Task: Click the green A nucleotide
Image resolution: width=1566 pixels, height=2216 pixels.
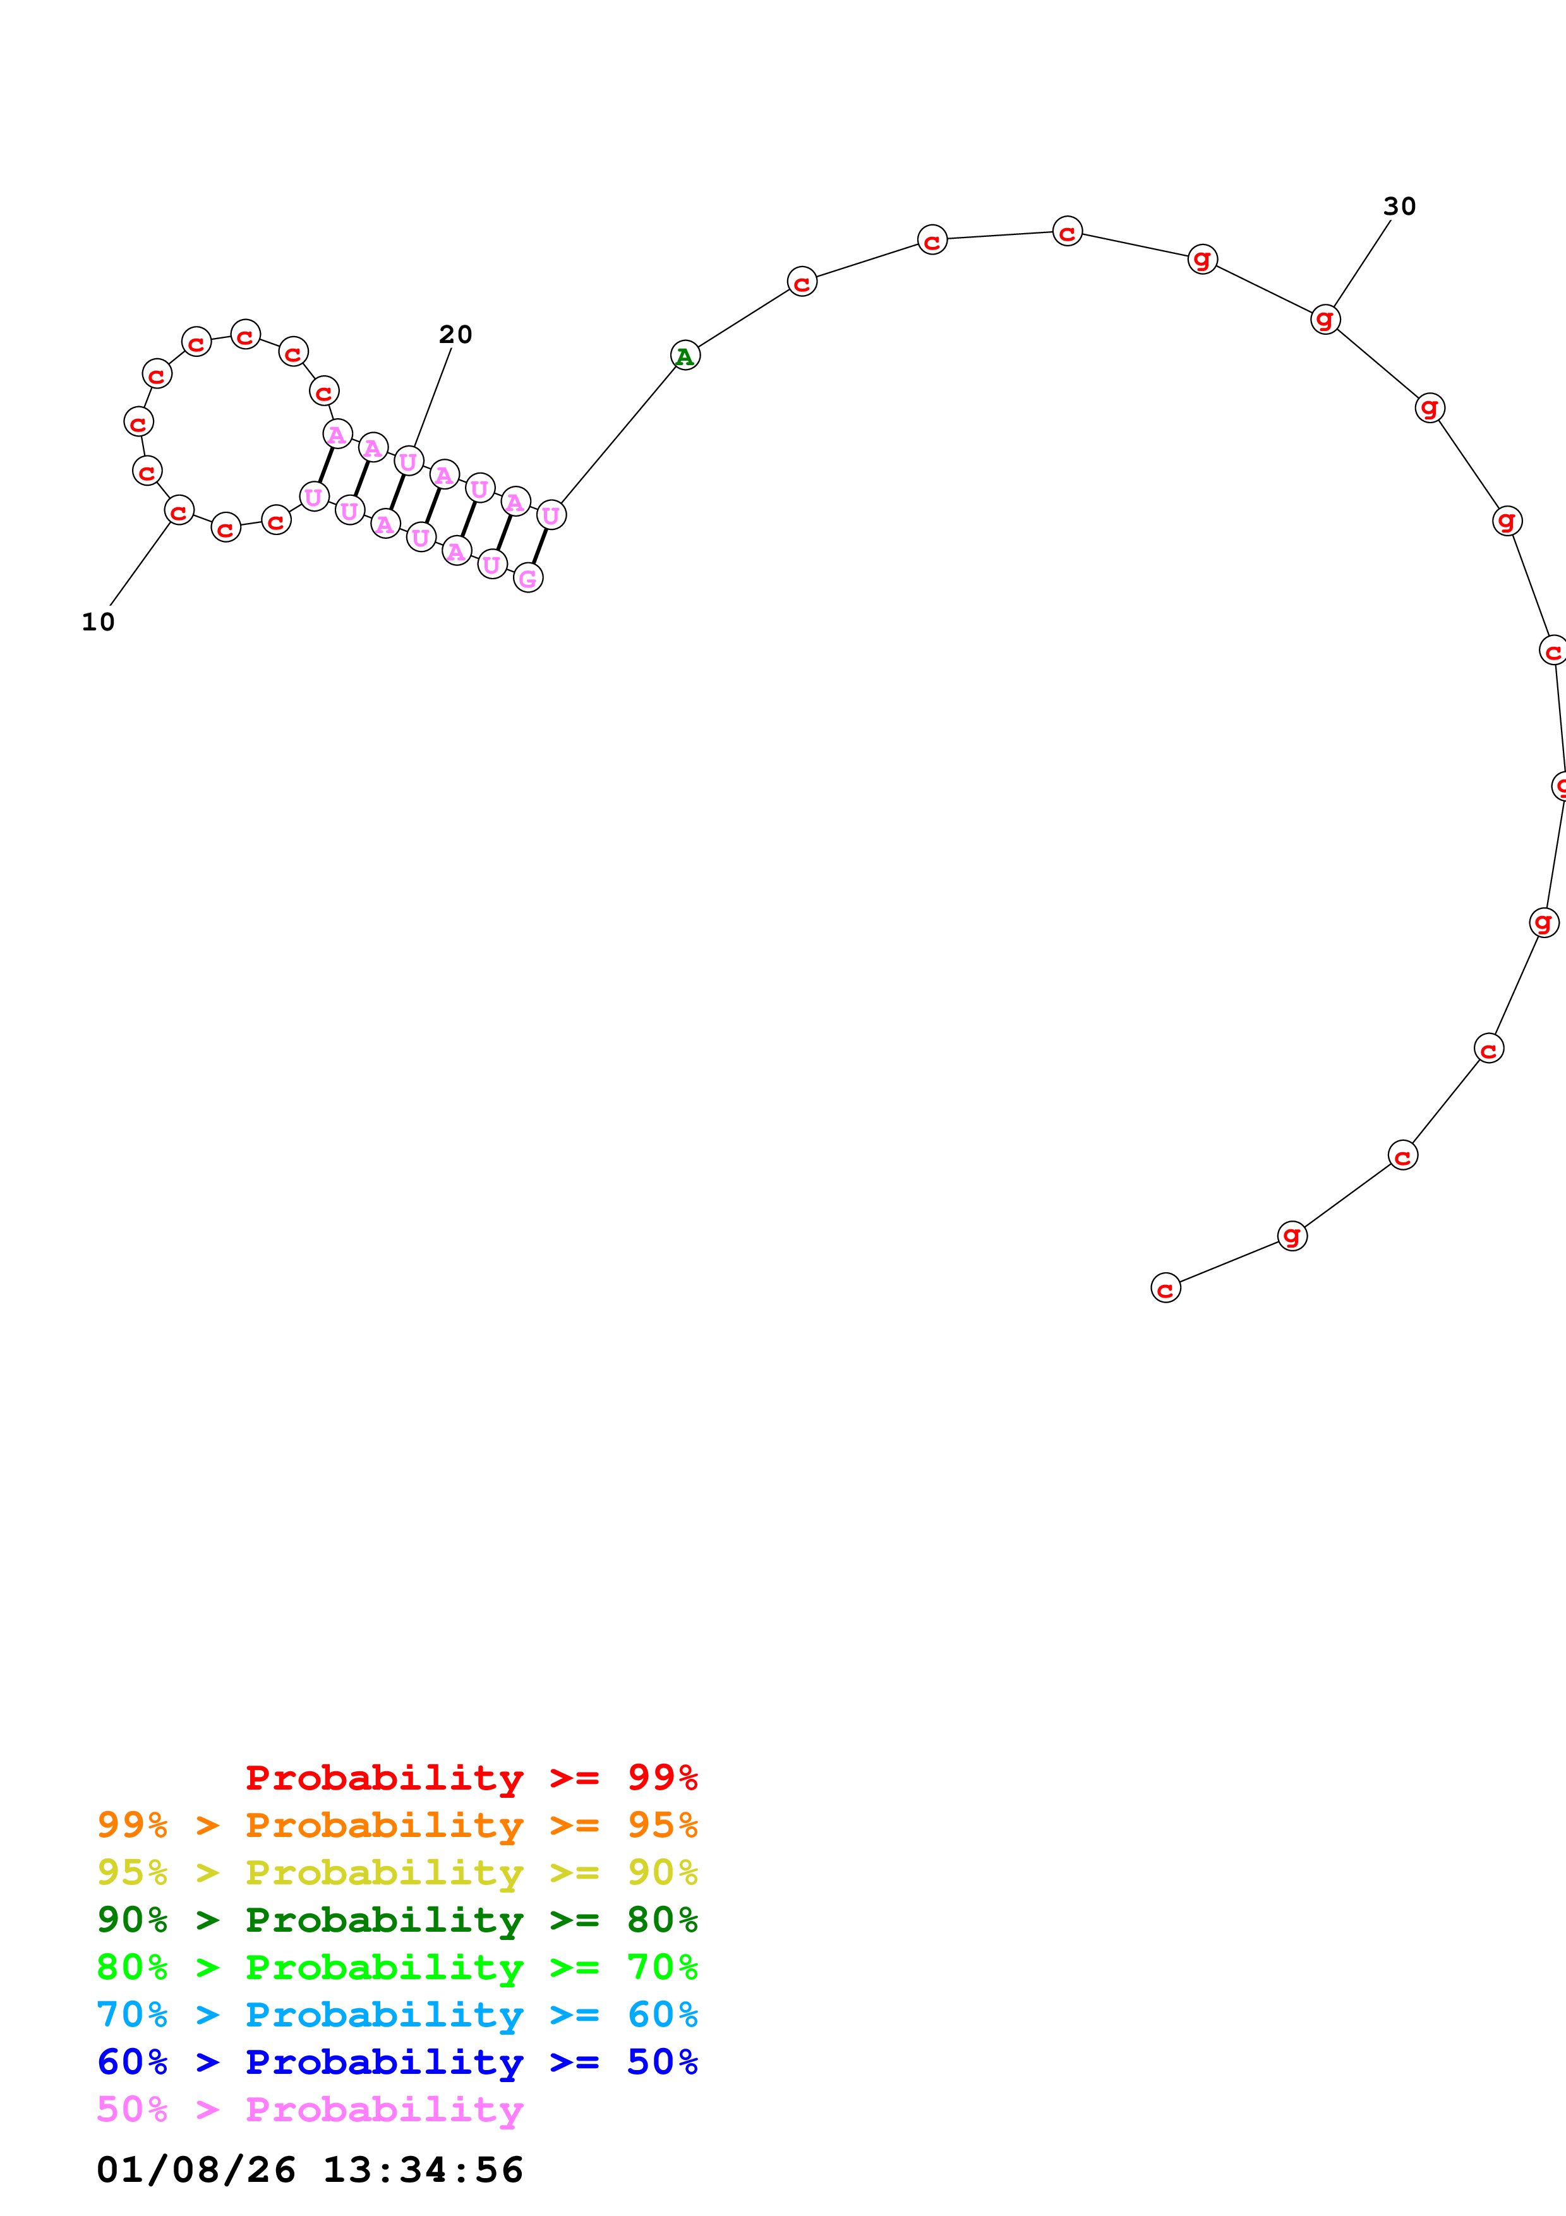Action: click(x=685, y=356)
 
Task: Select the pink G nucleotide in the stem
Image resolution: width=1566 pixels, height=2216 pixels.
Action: click(x=527, y=578)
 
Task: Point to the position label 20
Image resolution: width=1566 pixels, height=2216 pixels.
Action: click(x=455, y=335)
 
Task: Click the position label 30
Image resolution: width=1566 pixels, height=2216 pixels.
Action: click(x=1399, y=207)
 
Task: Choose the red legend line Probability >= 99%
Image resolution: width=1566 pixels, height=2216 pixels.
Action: click(x=471, y=1778)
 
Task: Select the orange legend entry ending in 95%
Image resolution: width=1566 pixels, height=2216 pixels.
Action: click(x=397, y=1825)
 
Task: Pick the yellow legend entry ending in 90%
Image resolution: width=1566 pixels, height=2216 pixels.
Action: click(x=397, y=1872)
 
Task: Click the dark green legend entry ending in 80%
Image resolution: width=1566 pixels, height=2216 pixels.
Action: click(x=397, y=1920)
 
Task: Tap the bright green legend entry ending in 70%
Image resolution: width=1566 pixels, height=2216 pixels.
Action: click(x=397, y=1967)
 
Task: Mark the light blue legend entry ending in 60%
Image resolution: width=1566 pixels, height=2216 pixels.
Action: click(x=397, y=2014)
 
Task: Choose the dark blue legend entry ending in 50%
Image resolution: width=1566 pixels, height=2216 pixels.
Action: click(x=397, y=2062)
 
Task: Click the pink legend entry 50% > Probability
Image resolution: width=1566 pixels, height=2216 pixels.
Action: click(x=310, y=2109)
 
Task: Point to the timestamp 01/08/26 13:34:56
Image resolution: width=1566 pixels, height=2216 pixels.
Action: click(x=310, y=2171)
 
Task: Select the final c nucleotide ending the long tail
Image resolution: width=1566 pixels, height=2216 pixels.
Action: click(x=1165, y=1287)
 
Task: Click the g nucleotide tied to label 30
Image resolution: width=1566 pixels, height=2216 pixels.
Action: click(x=1325, y=318)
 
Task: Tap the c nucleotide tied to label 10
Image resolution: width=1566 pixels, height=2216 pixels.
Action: click(x=179, y=510)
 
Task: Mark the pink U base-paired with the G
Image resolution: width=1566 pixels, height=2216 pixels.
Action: click(x=551, y=515)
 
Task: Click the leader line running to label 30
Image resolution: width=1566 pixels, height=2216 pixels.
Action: click(x=1361, y=265)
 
